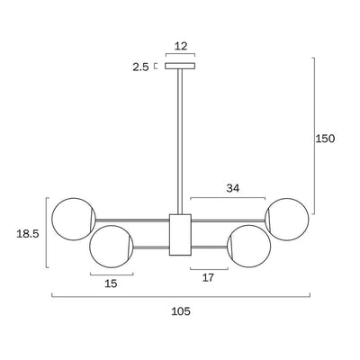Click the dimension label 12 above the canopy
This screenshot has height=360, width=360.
point(181,46)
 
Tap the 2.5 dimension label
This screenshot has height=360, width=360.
point(140,67)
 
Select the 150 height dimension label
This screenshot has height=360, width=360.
point(325,139)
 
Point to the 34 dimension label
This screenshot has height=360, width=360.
point(233,188)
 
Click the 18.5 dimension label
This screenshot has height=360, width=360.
point(28,234)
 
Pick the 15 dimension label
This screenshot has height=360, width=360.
point(111,283)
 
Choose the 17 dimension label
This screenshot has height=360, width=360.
point(208,278)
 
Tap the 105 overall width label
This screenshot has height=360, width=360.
point(181,311)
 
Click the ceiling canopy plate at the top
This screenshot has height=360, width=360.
point(180,66)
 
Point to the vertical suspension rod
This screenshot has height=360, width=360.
point(180,141)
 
